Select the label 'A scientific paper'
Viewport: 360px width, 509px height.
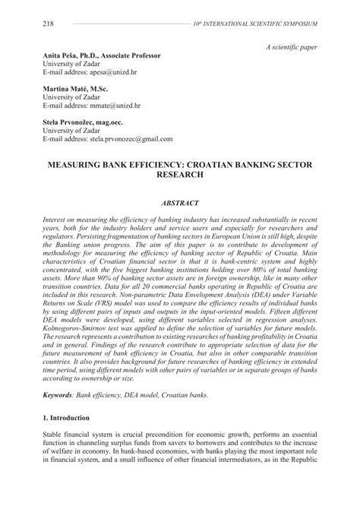tap(292, 47)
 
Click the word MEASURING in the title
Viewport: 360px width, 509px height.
tap(84, 163)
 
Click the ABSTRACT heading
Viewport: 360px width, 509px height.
tap(179, 204)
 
